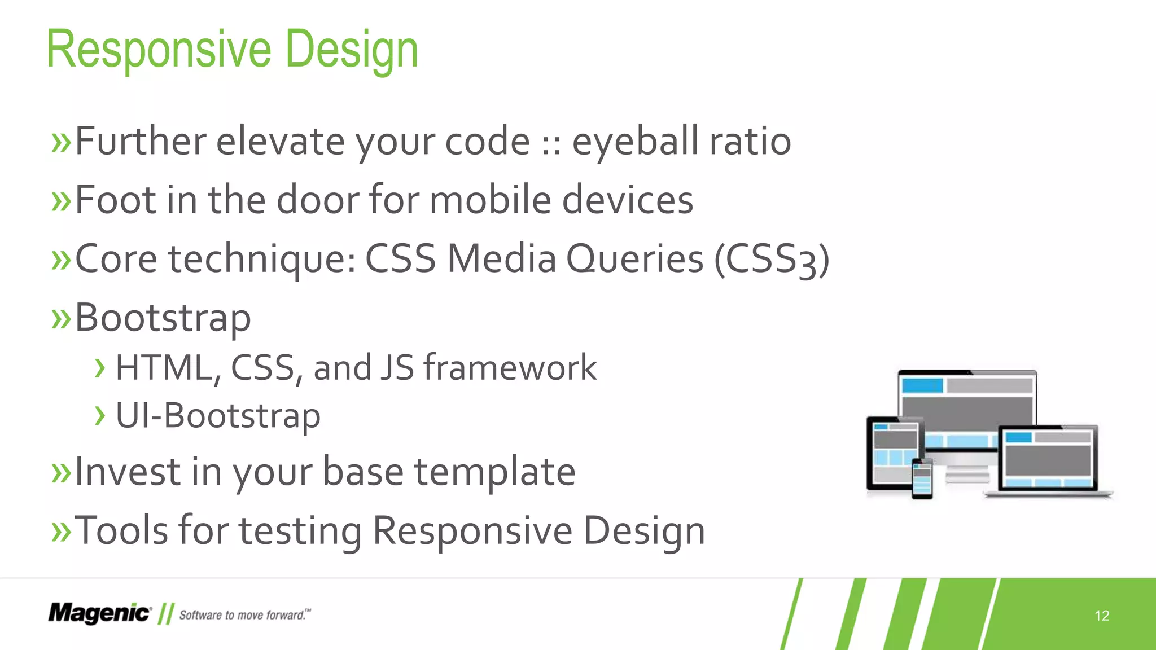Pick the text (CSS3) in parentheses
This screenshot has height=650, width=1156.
point(772,260)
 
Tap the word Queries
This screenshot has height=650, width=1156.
point(634,260)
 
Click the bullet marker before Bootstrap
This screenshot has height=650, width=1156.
point(61,318)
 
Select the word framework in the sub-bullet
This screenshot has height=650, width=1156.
point(510,368)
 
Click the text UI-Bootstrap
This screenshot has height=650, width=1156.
point(218,416)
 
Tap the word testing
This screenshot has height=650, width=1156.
point(300,532)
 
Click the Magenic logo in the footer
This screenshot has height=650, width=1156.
point(99,613)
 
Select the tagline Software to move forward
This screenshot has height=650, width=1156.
point(244,615)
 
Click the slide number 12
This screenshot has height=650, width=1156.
point(1102,616)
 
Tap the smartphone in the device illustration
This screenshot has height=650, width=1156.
point(922,478)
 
